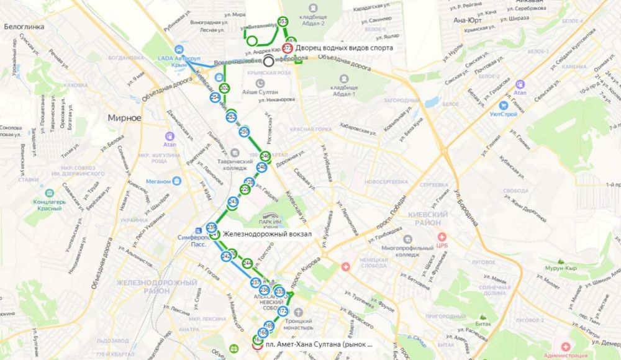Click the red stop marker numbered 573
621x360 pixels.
pos(288,48)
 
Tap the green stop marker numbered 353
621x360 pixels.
pos(283,22)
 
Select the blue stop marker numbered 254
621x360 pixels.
pos(215,97)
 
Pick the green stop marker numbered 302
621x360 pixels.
pos(225,89)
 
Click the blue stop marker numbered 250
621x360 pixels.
pos(244,132)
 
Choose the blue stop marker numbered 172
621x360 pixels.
pos(283,311)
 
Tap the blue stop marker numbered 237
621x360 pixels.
pos(256,282)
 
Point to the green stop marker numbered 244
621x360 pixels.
pos(248,263)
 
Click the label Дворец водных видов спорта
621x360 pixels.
pos(344,48)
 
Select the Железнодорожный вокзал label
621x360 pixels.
pos(267,234)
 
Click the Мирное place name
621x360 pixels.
pos(124,117)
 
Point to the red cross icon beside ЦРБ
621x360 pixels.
pos(442,237)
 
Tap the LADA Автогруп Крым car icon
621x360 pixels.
pos(179,49)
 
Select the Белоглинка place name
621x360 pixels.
pos(22,27)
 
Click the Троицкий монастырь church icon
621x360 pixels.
pos(297,312)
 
